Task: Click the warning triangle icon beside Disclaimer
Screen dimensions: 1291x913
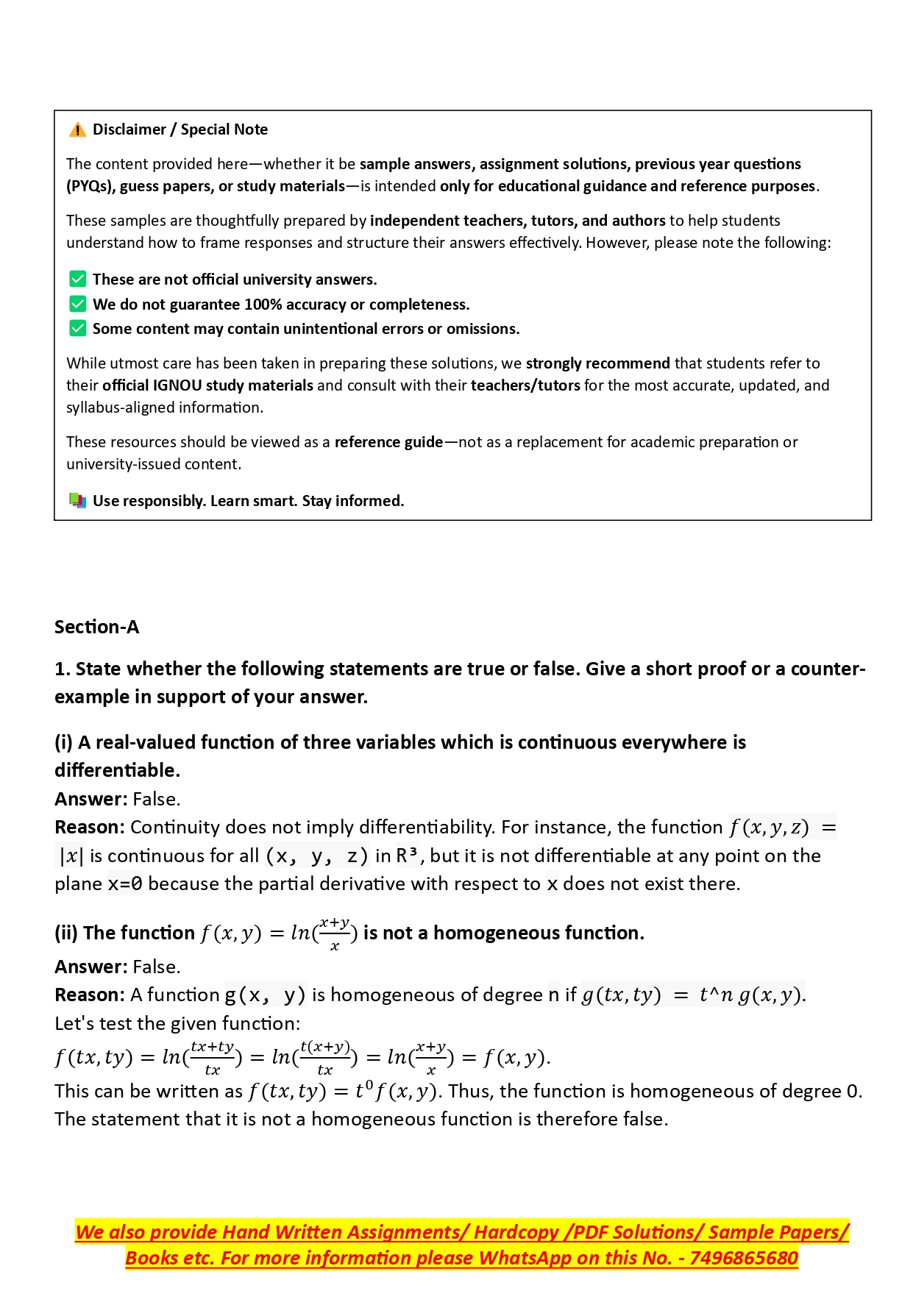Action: [77, 130]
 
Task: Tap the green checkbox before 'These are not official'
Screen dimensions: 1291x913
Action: [77, 280]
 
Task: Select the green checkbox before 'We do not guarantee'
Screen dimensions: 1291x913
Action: [77, 304]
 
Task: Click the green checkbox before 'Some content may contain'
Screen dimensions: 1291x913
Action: [77, 328]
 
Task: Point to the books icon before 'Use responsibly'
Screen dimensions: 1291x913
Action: [77, 501]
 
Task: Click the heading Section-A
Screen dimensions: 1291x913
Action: [96, 627]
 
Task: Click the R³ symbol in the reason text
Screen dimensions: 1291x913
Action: [407, 856]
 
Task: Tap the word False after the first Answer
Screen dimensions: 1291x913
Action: [155, 799]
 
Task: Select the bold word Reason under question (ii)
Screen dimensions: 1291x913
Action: [89, 995]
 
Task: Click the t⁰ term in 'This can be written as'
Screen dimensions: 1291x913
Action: [364, 1090]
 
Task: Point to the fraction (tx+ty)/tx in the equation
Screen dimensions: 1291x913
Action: [212, 1058]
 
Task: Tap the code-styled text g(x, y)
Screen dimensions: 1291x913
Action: [265, 995]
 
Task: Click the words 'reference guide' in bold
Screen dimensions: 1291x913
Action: [388, 442]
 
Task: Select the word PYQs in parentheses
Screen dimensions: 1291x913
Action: [88, 186]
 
